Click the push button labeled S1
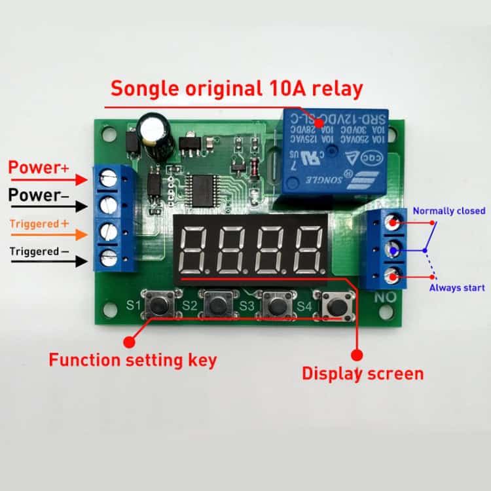click(160, 304)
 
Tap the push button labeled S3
click(276, 304)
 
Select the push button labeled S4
click(335, 304)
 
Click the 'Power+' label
click(38, 168)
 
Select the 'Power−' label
click(38, 196)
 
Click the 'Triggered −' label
click(39, 251)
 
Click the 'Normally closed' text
click(448, 211)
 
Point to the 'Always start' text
click(457, 287)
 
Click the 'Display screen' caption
click(362, 374)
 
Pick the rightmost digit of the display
click(308, 249)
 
